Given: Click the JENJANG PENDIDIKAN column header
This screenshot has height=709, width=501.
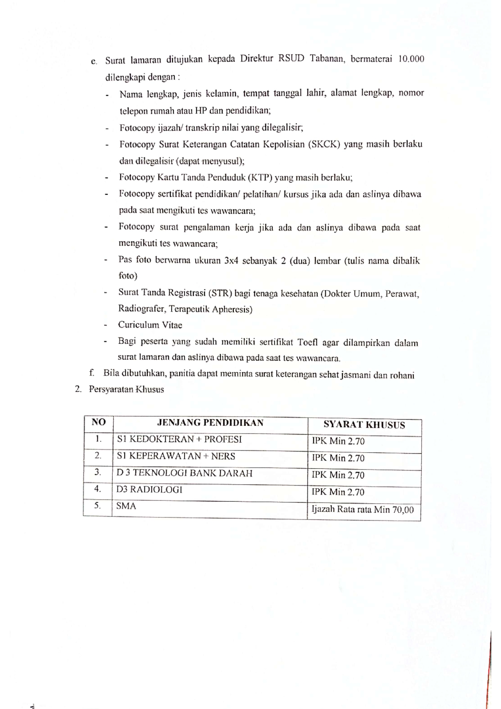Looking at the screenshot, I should [x=210, y=423].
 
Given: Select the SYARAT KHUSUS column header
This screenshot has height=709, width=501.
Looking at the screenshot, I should [x=364, y=425].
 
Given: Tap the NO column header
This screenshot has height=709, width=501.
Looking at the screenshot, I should [x=99, y=423].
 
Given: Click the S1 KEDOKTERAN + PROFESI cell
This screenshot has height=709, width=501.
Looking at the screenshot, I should [x=179, y=440].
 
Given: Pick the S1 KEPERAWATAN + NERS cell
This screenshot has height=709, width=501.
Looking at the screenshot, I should [x=176, y=457].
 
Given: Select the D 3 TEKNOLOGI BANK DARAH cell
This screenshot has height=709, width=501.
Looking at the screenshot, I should [x=184, y=473].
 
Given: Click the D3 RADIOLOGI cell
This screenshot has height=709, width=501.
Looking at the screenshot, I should [x=149, y=490].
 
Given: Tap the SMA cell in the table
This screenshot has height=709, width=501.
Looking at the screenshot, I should [x=126, y=506].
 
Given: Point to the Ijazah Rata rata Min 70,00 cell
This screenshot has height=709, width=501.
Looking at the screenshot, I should [x=362, y=510].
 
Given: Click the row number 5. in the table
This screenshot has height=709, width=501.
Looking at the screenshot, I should [x=97, y=506].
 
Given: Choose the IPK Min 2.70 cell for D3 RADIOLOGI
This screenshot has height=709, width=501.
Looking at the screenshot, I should [x=338, y=492].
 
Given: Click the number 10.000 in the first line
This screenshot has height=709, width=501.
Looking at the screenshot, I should [x=411, y=59].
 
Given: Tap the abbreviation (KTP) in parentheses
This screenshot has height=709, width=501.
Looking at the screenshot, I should [x=260, y=178].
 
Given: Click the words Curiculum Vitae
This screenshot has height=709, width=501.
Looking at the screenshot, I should [x=150, y=325].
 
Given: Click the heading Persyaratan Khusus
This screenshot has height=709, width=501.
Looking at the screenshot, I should [x=126, y=390].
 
